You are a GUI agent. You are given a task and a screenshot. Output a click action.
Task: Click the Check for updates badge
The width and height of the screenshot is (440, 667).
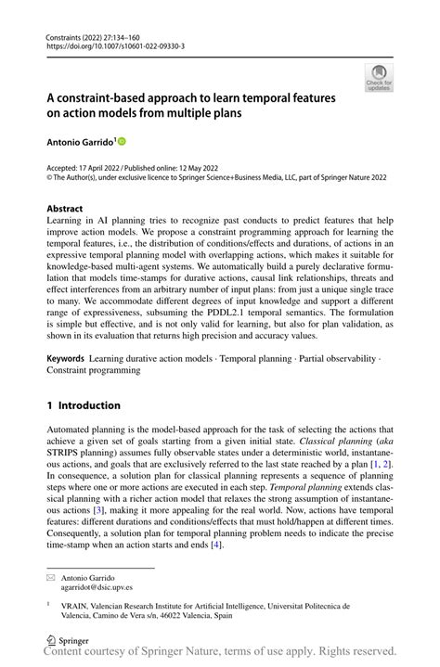coord(378,77)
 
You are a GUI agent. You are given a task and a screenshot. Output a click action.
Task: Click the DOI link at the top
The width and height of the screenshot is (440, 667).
coord(116,45)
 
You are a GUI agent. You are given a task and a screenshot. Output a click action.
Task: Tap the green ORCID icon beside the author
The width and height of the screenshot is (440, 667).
coord(121,141)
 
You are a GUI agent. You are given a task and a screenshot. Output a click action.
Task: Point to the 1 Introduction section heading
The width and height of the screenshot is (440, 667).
coord(84,405)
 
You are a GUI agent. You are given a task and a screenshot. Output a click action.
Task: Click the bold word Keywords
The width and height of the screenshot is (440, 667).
coord(66,357)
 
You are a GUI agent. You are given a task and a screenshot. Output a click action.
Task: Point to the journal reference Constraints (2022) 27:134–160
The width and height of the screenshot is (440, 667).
coord(97,34)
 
